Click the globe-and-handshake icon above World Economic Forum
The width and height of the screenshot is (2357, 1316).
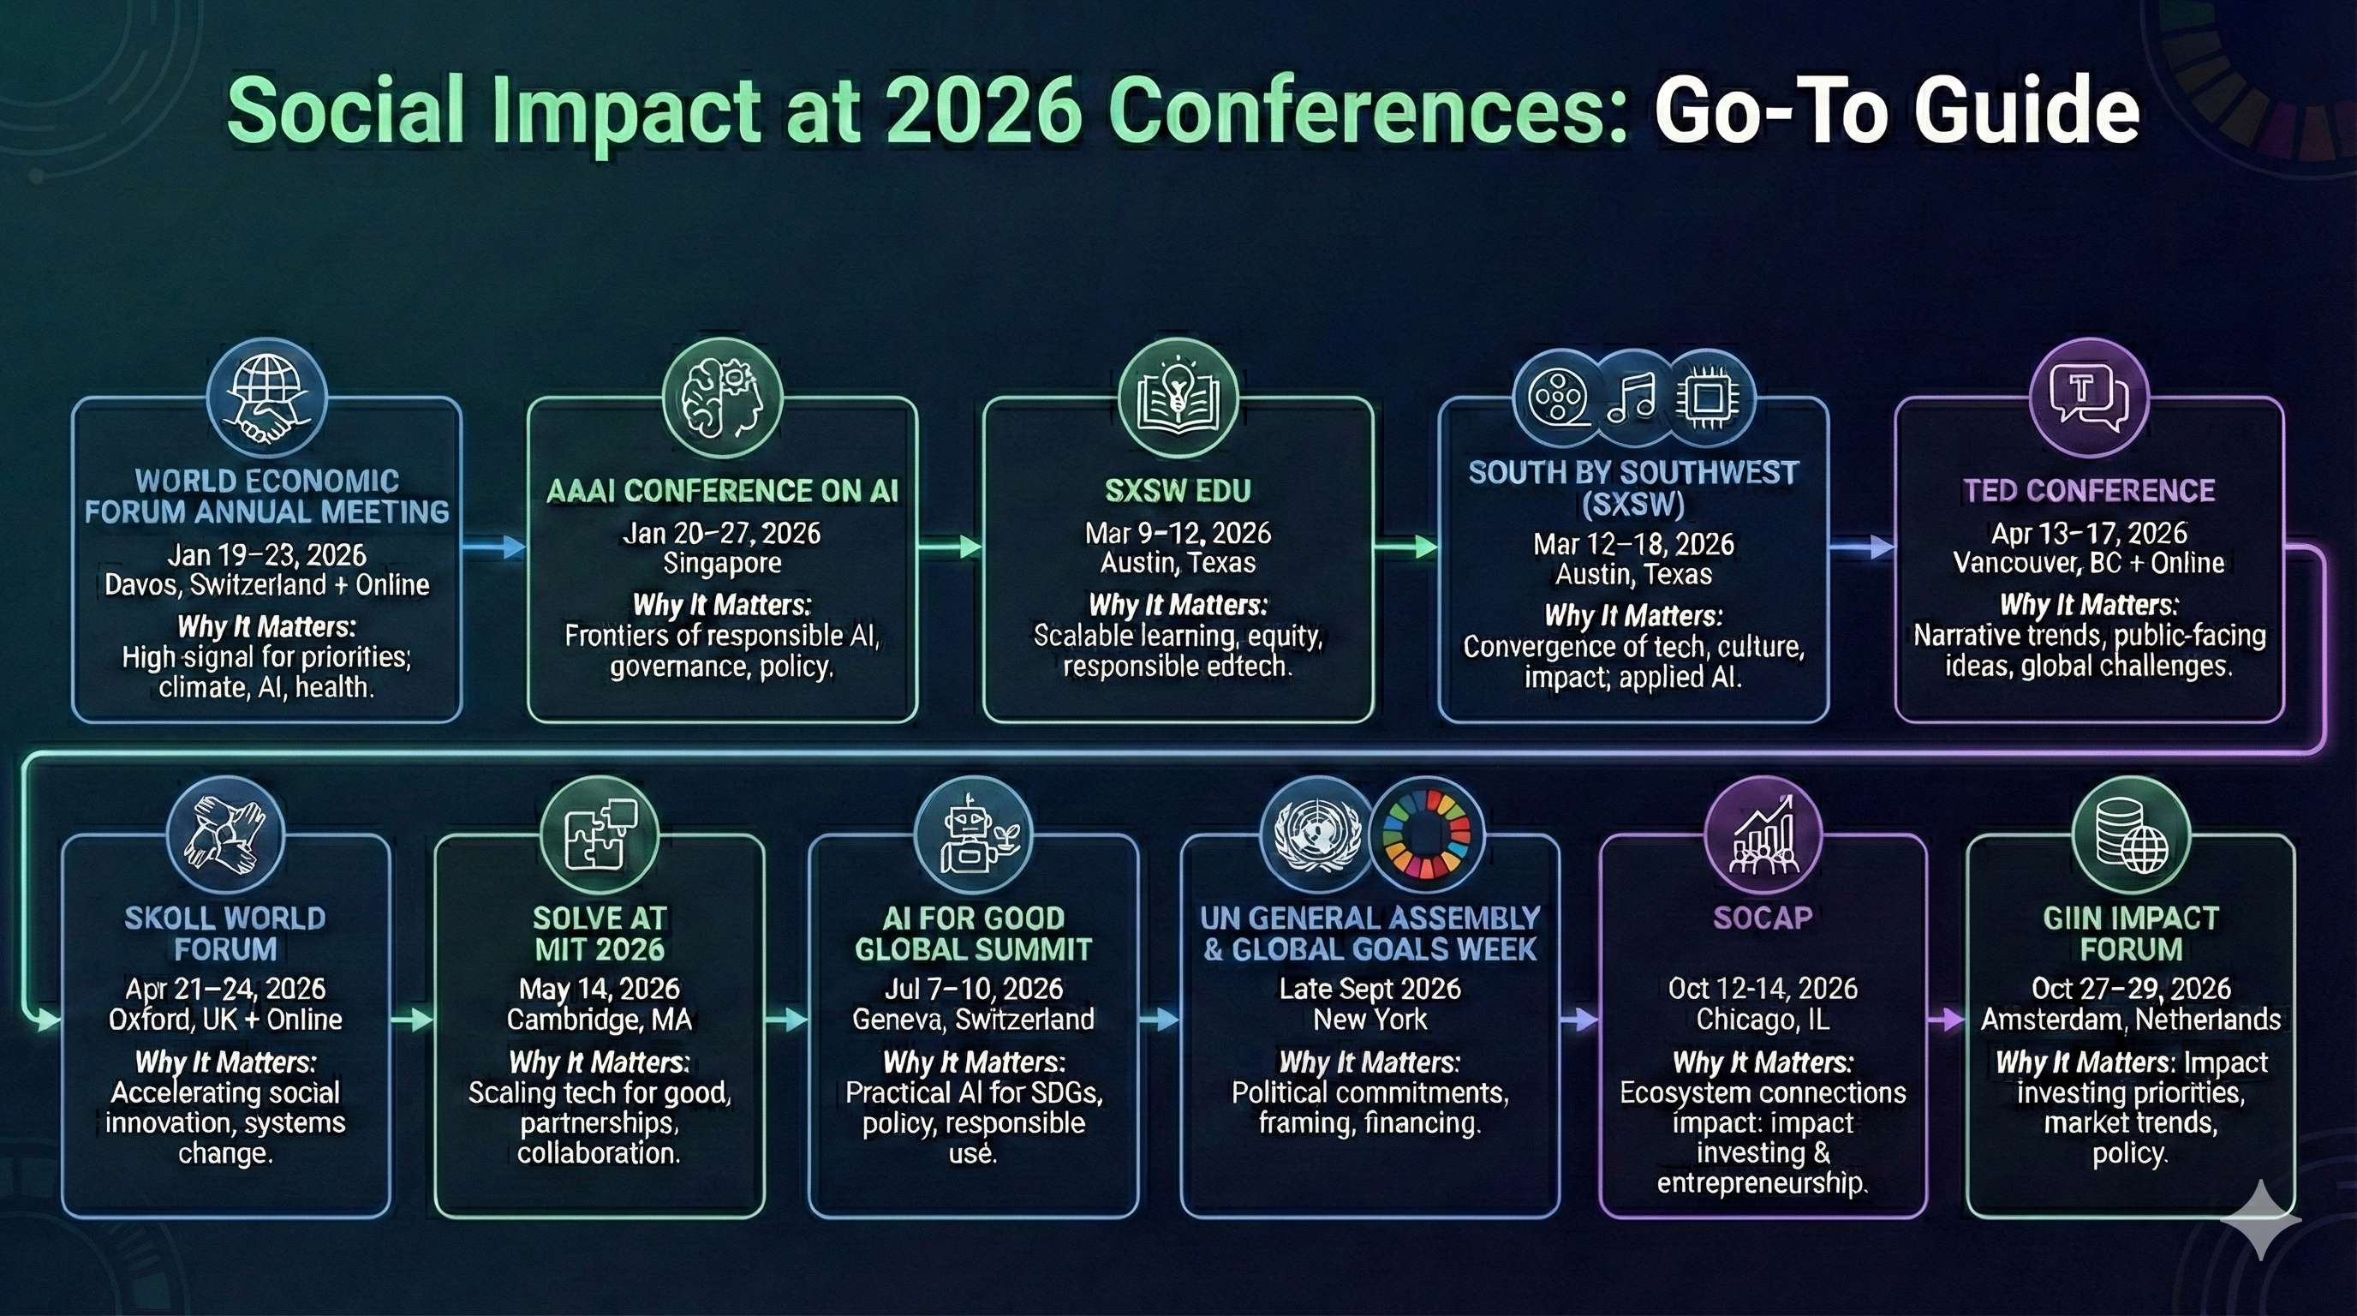coord(267,398)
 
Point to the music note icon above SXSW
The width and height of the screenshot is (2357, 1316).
coord(1632,398)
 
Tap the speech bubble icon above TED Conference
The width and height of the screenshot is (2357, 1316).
coord(2089,398)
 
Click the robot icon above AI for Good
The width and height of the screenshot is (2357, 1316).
coord(974,834)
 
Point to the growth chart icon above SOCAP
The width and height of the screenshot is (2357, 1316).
coord(1763,834)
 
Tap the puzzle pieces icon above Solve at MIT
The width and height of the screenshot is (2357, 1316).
coord(600,834)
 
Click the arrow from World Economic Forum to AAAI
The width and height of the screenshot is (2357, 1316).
coord(494,547)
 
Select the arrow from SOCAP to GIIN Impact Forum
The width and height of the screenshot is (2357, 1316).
coord(1947,1019)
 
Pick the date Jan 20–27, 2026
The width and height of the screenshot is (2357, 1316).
coord(722,533)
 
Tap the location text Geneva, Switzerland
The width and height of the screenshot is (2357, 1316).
coord(974,1020)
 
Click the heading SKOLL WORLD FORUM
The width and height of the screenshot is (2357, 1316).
coord(225,934)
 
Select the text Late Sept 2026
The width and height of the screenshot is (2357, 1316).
coord(1369,989)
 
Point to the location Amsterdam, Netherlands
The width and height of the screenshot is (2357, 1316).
coord(2131,1020)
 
